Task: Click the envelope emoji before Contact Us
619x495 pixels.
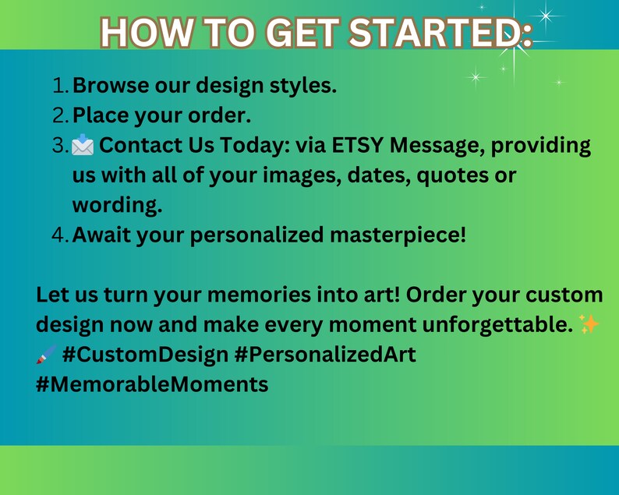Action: point(83,146)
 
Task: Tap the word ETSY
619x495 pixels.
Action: point(358,146)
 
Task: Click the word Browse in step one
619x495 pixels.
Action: point(111,85)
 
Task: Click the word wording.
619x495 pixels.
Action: point(117,206)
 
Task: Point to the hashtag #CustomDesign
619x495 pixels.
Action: point(145,355)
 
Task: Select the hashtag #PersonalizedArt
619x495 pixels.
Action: point(325,355)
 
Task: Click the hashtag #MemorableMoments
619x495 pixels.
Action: point(152,384)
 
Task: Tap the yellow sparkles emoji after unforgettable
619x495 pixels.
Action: point(590,324)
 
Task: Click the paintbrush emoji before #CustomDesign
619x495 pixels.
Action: point(46,355)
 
